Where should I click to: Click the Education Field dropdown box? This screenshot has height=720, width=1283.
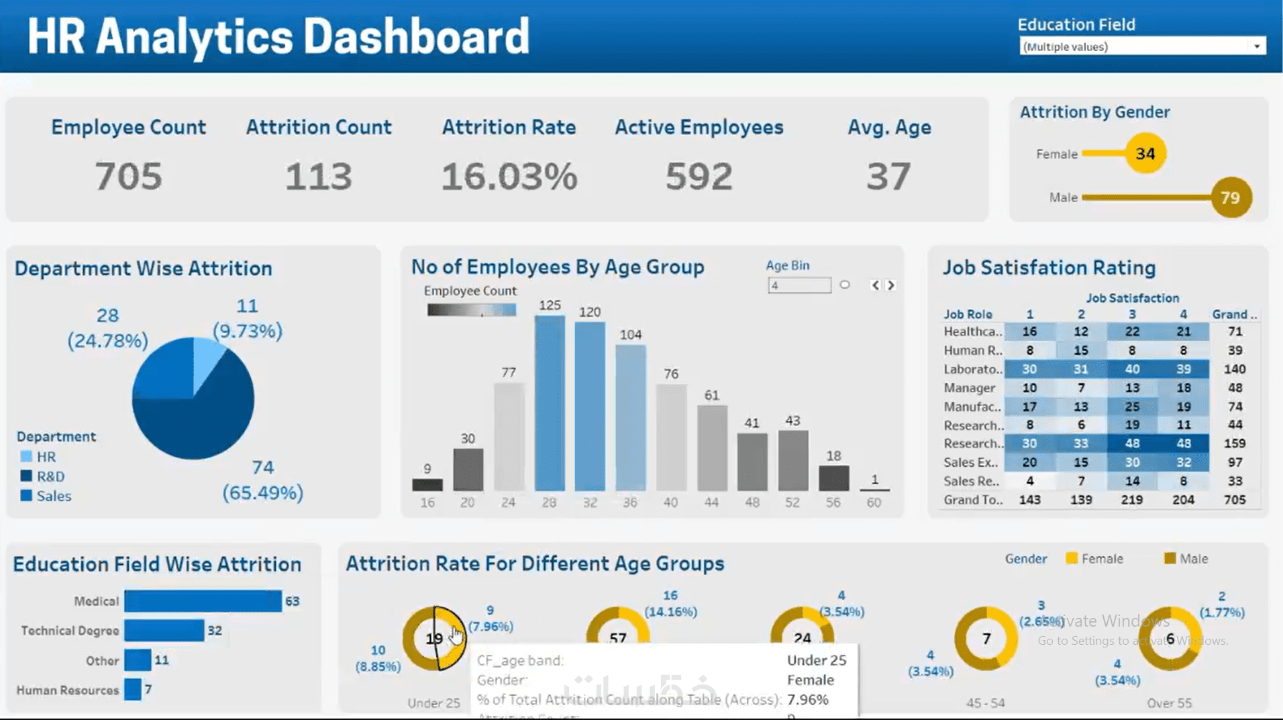(x=1141, y=46)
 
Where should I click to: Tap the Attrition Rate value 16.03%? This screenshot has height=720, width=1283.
(x=509, y=177)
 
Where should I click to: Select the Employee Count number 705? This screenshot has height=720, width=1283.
(x=128, y=177)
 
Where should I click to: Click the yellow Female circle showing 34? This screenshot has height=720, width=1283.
(x=1145, y=154)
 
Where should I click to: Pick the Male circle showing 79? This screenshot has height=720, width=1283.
(x=1231, y=197)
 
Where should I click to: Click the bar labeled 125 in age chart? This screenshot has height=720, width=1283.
(x=550, y=402)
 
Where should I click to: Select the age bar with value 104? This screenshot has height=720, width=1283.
(x=630, y=417)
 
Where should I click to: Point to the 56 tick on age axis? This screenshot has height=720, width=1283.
(x=833, y=502)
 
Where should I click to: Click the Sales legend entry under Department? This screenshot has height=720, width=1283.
(x=53, y=496)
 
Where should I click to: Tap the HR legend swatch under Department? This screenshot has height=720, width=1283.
(x=27, y=457)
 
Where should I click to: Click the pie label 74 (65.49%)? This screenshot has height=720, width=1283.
(x=263, y=480)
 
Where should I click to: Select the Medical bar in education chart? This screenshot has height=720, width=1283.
(x=203, y=601)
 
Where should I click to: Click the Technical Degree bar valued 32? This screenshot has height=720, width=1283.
(x=164, y=631)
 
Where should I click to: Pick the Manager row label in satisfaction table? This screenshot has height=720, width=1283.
(x=969, y=388)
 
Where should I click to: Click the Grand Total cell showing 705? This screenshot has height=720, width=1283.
(x=1234, y=500)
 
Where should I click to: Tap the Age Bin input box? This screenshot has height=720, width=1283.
(x=799, y=285)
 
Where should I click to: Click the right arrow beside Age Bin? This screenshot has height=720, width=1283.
(x=891, y=285)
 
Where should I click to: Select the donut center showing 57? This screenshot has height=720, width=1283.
(x=617, y=637)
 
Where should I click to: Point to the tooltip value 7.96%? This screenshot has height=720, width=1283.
(x=807, y=699)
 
